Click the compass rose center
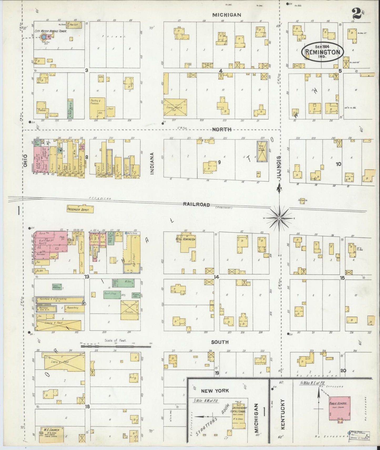coord(279,218)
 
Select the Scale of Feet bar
coord(116,346)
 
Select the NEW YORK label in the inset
coord(215,391)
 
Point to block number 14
coord(216,277)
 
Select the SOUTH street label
coord(220,342)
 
